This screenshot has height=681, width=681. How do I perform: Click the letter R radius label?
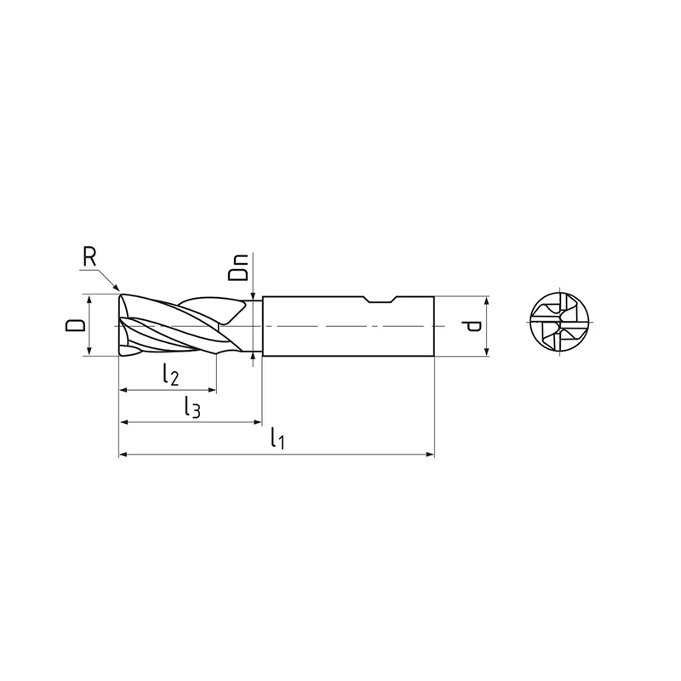[89, 258]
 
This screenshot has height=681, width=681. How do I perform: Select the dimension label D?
[75, 325]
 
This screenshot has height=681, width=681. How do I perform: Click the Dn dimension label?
[238, 267]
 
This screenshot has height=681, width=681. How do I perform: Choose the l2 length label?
[171, 375]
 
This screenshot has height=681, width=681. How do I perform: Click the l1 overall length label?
[278, 438]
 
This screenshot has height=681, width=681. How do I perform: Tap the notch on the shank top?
[381, 300]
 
